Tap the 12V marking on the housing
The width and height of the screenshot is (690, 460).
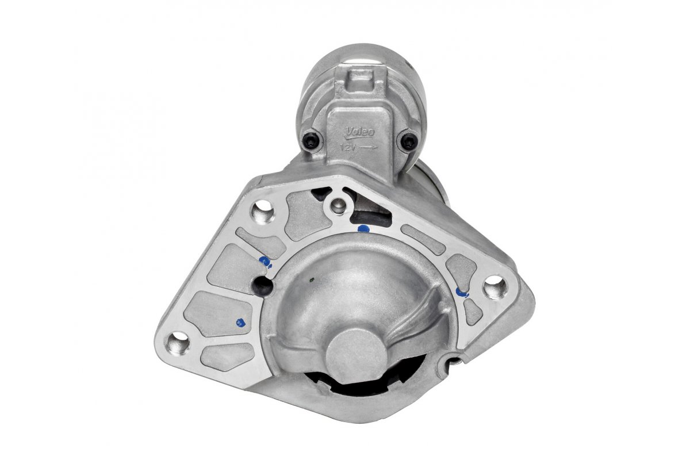click(x=347, y=147)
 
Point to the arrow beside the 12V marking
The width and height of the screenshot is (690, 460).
click(x=369, y=147)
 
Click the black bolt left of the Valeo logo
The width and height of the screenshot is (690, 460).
click(x=312, y=140)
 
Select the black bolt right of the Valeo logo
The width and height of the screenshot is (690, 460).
click(x=409, y=141)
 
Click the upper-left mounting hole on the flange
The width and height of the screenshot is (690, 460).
click(x=263, y=211)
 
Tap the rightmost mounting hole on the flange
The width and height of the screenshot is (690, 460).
click(x=494, y=286)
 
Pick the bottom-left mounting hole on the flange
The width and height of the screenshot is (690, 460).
click(x=178, y=343)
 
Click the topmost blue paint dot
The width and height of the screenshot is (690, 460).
click(x=363, y=228)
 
